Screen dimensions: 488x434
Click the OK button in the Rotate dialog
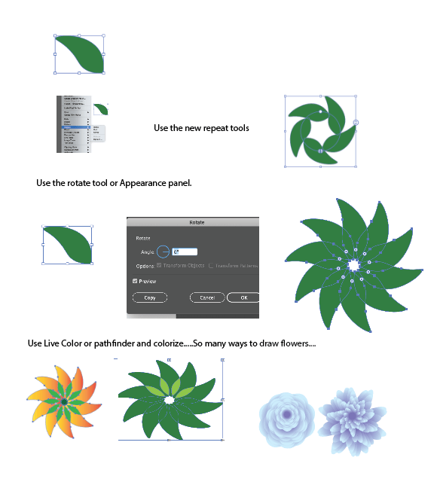[243, 297]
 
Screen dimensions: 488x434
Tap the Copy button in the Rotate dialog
[150, 297]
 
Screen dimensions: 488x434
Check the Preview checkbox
[135, 281]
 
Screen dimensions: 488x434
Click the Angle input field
[185, 252]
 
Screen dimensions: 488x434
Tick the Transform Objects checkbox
[159, 266]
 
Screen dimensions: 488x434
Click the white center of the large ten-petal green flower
[352, 265]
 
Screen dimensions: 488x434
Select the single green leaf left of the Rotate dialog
[68, 245]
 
